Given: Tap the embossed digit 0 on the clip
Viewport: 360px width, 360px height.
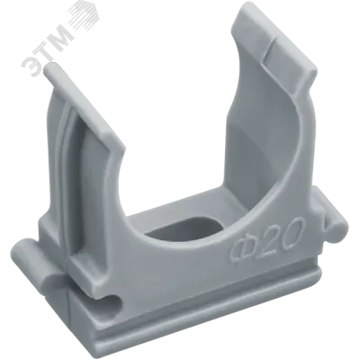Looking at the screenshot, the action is (291, 228).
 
